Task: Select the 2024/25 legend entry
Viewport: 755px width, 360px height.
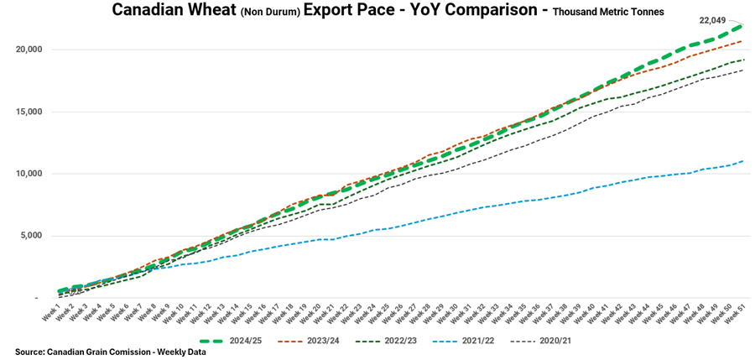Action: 254,342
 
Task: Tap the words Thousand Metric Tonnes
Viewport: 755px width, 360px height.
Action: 608,13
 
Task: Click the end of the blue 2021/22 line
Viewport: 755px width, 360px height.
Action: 743,161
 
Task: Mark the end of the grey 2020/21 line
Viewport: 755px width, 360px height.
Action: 743,70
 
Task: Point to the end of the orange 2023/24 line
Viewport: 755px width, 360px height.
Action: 743,41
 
